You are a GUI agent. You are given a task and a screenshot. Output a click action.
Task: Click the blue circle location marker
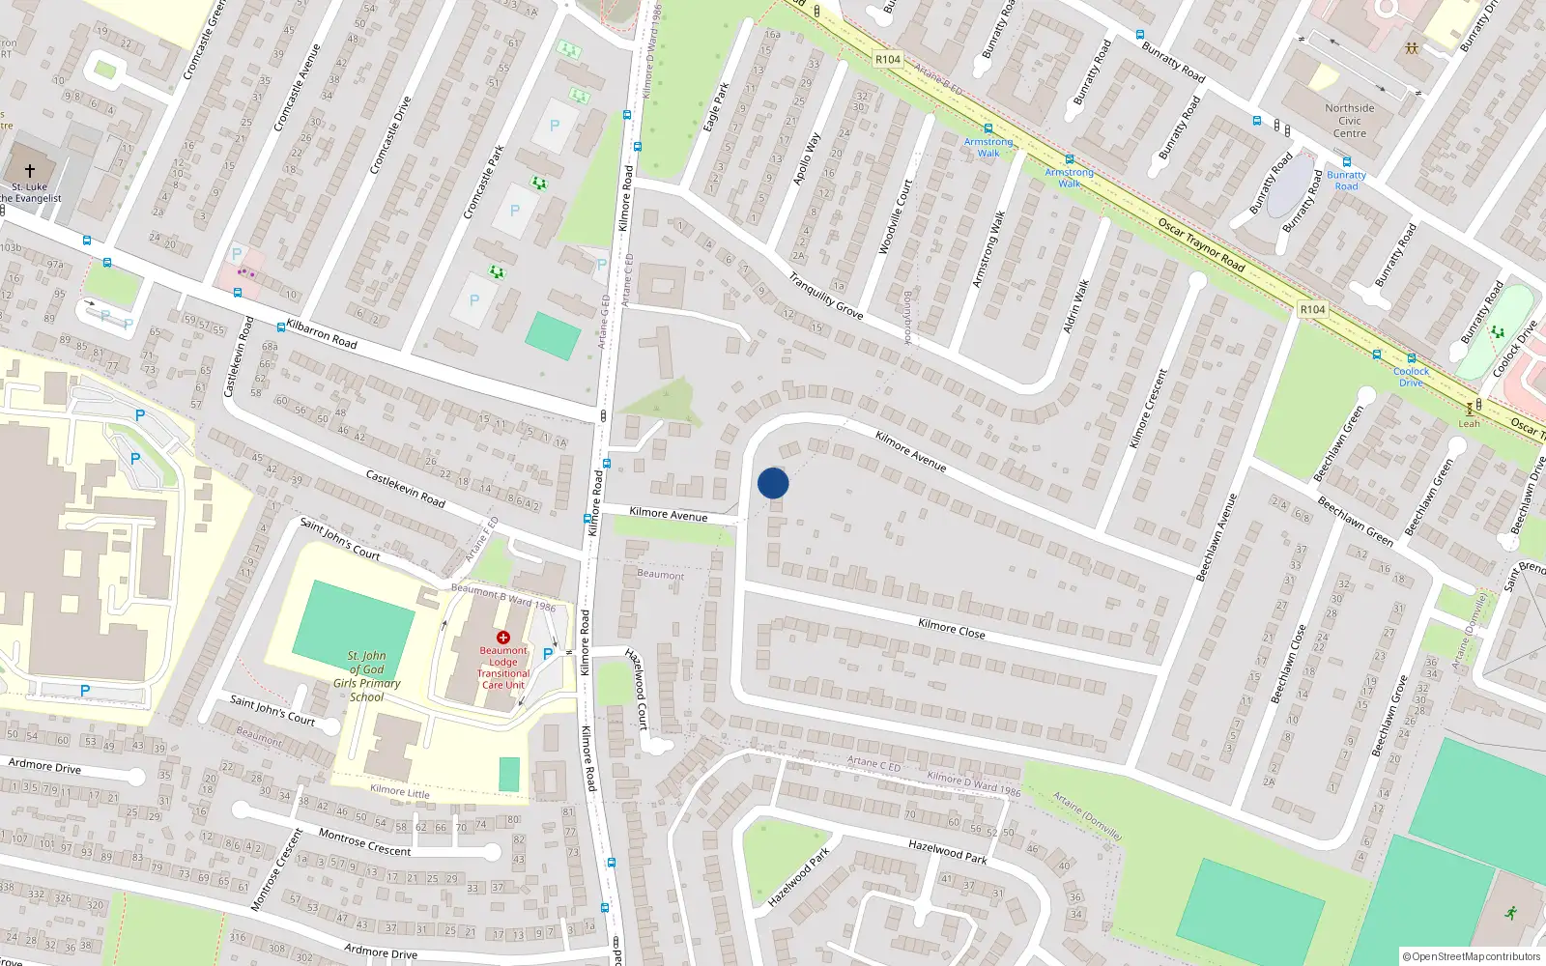773,483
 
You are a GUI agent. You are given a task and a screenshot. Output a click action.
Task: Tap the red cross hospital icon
502,638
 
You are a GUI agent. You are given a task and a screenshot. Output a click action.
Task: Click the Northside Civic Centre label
1350,121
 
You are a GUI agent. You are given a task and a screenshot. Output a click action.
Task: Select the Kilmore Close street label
951,629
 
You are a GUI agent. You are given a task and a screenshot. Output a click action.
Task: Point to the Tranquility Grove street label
825,296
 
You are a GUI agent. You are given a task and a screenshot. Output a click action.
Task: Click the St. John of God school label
366,676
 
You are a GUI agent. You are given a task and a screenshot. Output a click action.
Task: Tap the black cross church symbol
30,170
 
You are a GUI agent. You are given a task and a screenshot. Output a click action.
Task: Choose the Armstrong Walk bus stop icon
988,128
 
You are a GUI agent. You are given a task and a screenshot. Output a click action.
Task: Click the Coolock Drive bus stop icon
1411,358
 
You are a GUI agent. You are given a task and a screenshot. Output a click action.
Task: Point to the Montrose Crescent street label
365,842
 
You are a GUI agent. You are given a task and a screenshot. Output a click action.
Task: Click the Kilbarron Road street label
322,334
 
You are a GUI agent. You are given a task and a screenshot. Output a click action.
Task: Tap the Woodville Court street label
895,217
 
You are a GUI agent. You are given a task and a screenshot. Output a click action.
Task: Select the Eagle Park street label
716,107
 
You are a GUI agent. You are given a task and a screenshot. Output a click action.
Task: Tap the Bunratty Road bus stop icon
1346,162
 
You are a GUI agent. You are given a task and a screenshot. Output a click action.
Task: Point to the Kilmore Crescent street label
1148,408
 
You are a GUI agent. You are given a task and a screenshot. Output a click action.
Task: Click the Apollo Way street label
806,158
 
